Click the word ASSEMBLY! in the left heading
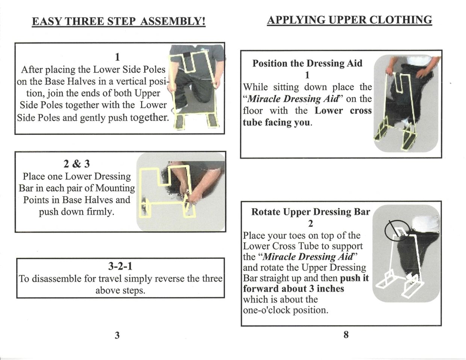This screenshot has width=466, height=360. [x=173, y=21]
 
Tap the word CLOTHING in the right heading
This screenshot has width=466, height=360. [x=401, y=20]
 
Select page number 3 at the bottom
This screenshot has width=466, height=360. [x=117, y=335]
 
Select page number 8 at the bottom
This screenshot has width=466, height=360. [x=346, y=334]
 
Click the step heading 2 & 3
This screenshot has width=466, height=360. [x=77, y=164]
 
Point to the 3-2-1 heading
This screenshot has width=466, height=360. [x=120, y=266]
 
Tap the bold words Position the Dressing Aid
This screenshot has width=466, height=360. [x=307, y=63]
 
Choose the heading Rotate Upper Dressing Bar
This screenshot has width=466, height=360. [x=310, y=212]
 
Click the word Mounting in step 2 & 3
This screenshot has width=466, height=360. [x=115, y=188]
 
